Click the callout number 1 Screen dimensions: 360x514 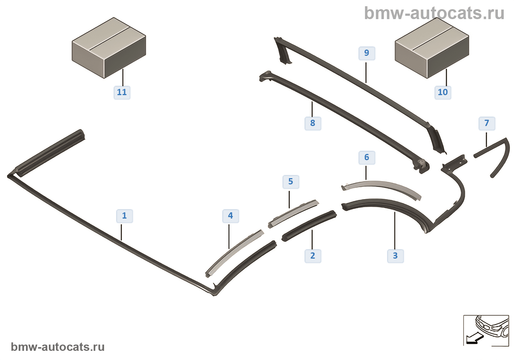[124, 216]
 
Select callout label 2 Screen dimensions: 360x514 [312, 256]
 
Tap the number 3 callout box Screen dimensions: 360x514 [395, 256]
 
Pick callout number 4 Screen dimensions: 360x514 [230, 216]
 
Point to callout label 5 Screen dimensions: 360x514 [290, 181]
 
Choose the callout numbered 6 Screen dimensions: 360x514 [366, 157]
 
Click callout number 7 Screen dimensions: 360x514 [486, 123]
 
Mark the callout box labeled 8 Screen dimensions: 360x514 [312, 123]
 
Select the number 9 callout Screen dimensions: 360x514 [366, 53]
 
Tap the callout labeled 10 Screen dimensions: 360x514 [442, 92]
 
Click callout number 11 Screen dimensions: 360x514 [122, 92]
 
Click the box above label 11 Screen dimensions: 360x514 [109, 48]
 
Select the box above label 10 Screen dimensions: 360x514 [432, 48]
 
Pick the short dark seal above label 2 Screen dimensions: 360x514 [310, 226]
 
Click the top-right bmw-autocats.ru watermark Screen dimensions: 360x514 [434, 13]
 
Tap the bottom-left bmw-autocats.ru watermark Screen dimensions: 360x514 [58, 347]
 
